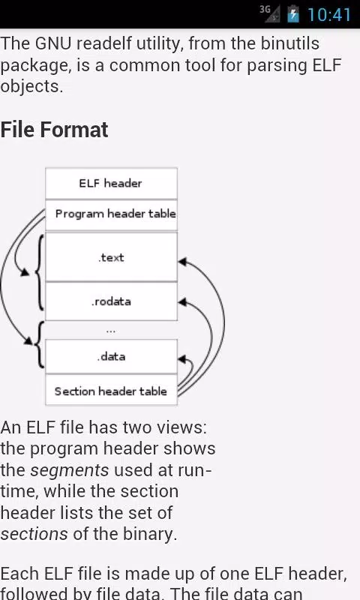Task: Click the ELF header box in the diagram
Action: (x=111, y=183)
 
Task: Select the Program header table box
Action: (x=111, y=215)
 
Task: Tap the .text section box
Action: (x=111, y=257)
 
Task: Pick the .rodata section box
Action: (x=111, y=301)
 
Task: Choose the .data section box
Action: (x=111, y=357)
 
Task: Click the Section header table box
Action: (x=111, y=390)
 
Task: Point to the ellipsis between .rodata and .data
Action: (x=111, y=331)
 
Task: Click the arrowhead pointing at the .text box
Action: (x=182, y=262)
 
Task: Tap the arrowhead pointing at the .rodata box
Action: (x=182, y=302)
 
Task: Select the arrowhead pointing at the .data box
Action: (x=182, y=359)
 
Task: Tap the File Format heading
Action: (x=54, y=130)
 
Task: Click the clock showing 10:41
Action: (x=329, y=15)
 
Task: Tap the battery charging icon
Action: (x=293, y=13)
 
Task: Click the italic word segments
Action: (x=70, y=470)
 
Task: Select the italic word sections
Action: (x=34, y=534)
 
